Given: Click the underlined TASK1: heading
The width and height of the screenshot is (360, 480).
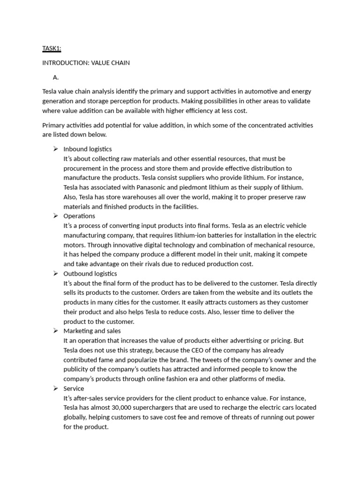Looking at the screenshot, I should [52, 48].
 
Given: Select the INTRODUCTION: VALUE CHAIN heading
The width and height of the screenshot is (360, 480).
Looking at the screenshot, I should [86, 63].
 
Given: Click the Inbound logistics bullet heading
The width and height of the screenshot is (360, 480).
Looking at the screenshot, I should [88, 149].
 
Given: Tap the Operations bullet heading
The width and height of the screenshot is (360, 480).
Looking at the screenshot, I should [79, 216].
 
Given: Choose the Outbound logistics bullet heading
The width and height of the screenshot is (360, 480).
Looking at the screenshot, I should [90, 274].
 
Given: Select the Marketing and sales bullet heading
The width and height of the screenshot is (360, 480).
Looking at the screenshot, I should [92, 331].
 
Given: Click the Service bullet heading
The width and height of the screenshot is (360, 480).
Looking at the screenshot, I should [74, 389].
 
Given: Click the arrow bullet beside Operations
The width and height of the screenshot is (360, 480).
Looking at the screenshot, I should [55, 216].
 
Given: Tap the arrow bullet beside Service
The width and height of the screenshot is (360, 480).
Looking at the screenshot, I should [55, 389].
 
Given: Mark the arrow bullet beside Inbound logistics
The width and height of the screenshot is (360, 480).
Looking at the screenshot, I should [55, 149].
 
